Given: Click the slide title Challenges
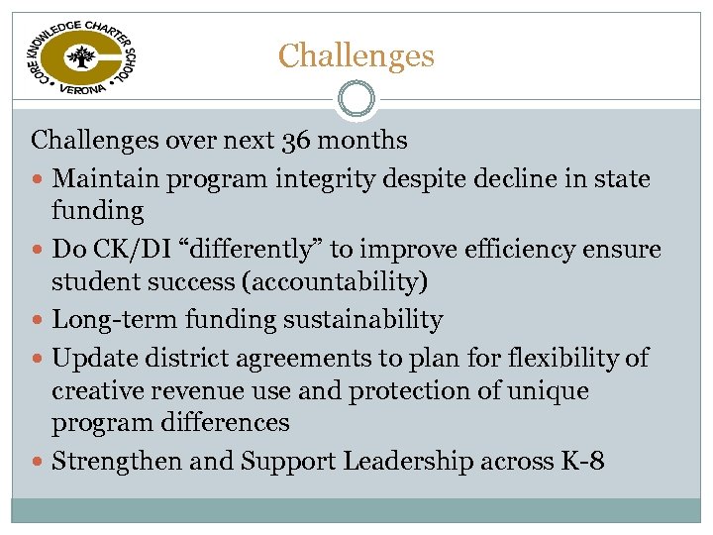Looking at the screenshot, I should [x=356, y=55].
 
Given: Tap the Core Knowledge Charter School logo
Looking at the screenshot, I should [x=80, y=57].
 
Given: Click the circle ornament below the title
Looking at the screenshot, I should [x=356, y=99].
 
